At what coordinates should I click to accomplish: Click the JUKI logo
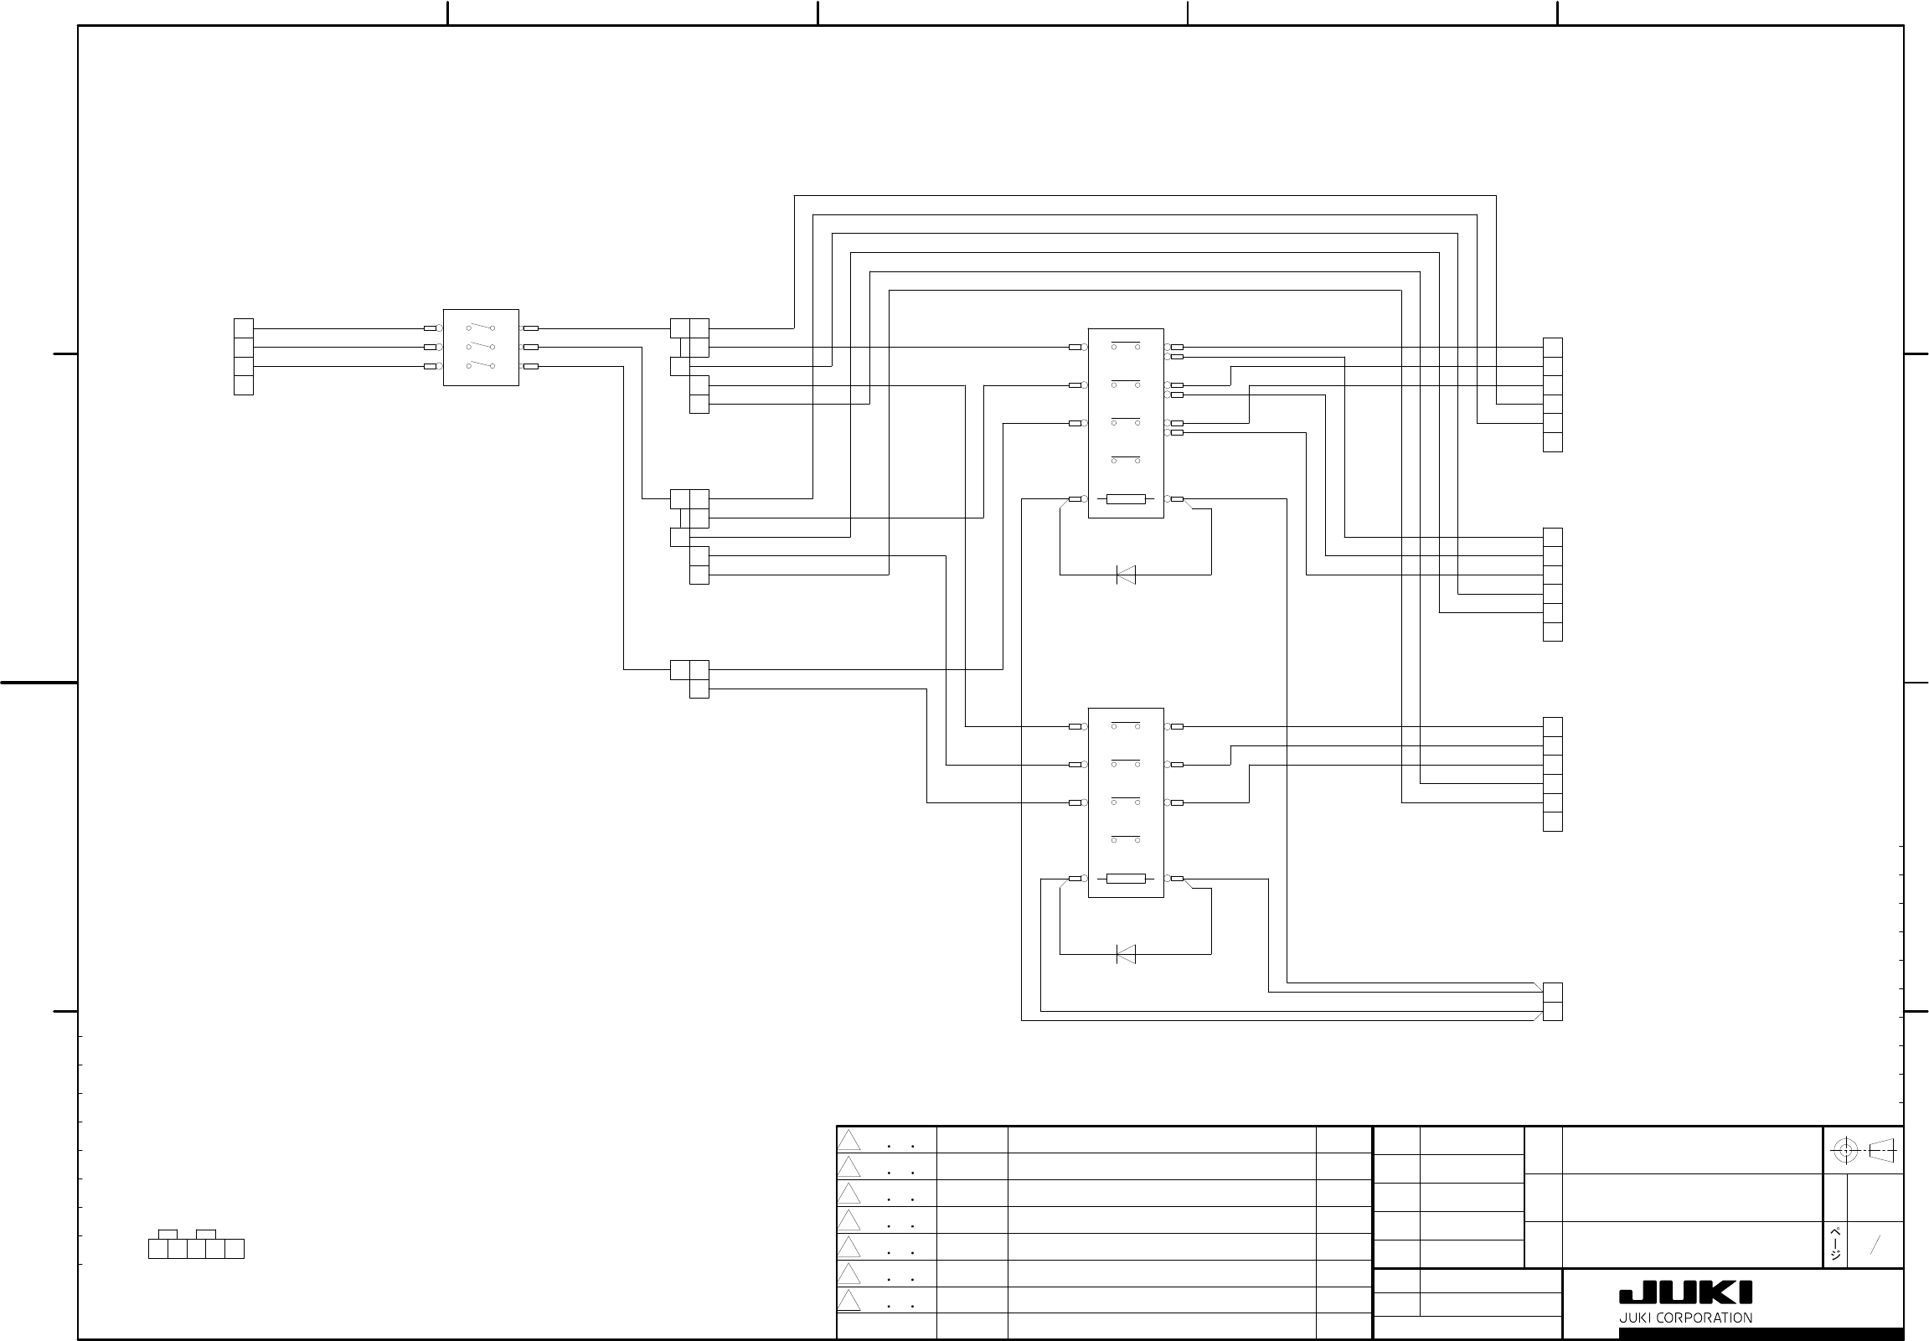(1685, 1292)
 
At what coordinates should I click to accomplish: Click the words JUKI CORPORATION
(1685, 1318)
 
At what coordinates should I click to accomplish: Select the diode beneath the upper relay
(1126, 575)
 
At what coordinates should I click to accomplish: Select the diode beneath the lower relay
(1126, 955)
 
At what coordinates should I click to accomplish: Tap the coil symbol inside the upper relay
(1126, 499)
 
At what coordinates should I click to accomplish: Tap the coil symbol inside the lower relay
(1126, 879)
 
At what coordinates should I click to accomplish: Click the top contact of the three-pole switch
(481, 328)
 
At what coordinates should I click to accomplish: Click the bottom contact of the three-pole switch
(481, 364)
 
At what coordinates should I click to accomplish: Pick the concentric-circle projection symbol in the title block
(1845, 1150)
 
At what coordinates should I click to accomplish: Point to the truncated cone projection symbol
(1882, 1150)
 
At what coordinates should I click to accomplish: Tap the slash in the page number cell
(1875, 1246)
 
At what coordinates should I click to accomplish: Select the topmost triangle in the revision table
(848, 1140)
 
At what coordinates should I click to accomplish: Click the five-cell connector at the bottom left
(196, 1248)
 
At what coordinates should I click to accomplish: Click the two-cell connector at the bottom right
(1553, 1002)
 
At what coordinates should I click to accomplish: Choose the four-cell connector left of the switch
(244, 356)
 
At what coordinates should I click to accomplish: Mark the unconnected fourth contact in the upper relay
(1126, 459)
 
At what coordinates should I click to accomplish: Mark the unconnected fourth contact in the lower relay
(1126, 838)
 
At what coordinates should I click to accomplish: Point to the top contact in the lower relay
(1126, 724)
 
